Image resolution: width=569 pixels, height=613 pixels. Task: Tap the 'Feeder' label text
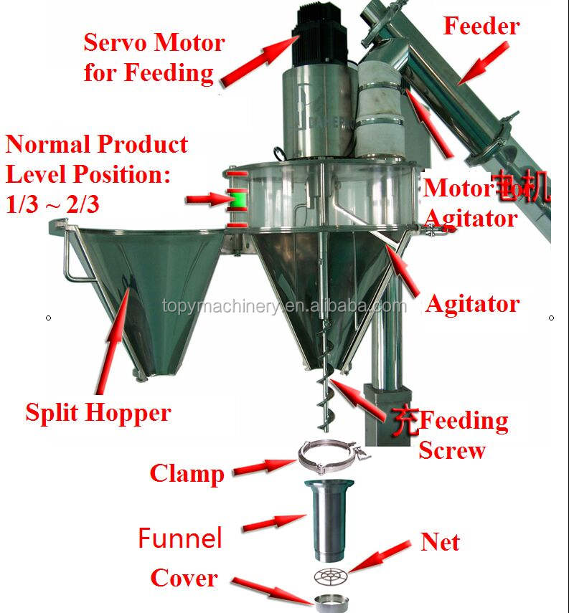[481, 27]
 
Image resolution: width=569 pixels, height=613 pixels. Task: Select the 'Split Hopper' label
[98, 412]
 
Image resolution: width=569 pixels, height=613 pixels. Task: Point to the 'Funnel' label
[180, 537]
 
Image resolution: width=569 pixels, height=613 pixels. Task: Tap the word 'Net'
[440, 542]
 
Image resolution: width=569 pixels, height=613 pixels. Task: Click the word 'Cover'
[184, 578]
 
